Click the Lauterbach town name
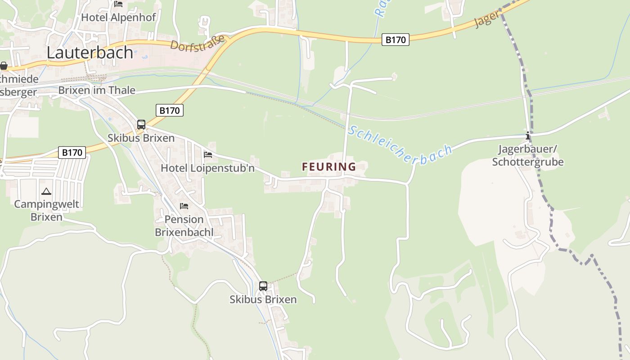pos(90,53)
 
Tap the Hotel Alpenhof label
pos(118,18)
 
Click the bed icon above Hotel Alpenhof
pos(118,4)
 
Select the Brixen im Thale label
pos(97,90)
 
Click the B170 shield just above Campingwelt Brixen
pos(72,153)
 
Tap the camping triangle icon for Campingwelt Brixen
pos(46,192)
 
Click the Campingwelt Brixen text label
pos(46,210)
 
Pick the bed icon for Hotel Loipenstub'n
pos(208,155)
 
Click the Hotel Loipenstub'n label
pos(208,168)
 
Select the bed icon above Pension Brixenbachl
pos(184,206)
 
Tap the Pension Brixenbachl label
pos(184,225)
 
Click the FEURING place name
pos(329,167)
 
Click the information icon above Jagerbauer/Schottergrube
pos(528,135)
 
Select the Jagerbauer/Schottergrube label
pos(528,155)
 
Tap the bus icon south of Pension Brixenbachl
pos(263,286)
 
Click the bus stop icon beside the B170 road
pos(141,125)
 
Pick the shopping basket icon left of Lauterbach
pos(4,66)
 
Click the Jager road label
pos(487,19)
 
